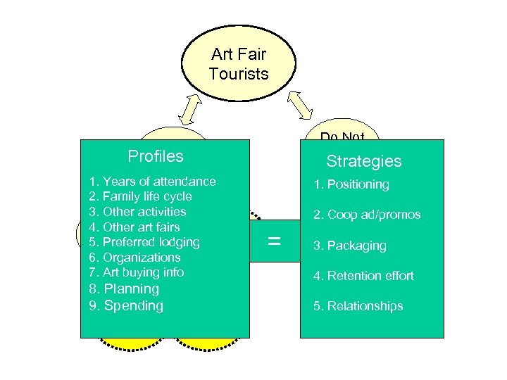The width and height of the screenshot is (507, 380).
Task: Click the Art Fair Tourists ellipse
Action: (x=239, y=63)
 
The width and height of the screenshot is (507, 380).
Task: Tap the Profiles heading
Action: (x=155, y=156)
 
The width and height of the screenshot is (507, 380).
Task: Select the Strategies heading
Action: (x=363, y=161)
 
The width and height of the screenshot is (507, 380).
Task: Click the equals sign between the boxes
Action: (x=275, y=241)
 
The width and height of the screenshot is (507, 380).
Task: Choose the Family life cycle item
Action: (x=140, y=196)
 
